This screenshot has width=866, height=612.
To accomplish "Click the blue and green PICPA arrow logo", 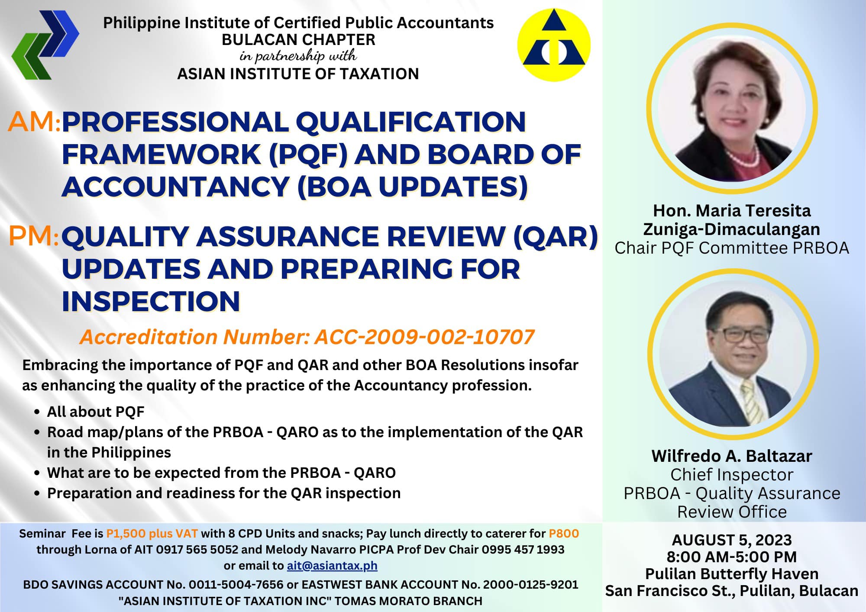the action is pos(45,45).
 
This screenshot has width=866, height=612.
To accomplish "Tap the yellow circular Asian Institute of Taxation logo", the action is pos(554,45).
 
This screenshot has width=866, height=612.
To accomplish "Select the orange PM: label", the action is pos(34,237).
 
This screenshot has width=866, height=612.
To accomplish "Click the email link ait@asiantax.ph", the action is pos(332,566).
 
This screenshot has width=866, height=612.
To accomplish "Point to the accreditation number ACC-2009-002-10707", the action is pos(424,337).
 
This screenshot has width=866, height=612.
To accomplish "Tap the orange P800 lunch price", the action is pos(564,533).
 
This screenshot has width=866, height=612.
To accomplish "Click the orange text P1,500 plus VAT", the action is pos(152,534).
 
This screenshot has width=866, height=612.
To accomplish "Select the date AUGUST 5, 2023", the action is pos(732,540).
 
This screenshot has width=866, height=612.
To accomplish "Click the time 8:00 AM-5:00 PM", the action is pos(732,557).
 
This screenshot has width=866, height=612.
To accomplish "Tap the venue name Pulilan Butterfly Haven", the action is pos(732,574).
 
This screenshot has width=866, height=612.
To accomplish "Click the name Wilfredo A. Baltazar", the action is pos(732,456).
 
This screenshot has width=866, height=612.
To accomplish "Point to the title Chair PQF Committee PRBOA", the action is pos(732,248).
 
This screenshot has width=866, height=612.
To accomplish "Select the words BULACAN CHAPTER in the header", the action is pos(299,40).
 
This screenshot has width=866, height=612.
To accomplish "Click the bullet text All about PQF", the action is pos(96,412).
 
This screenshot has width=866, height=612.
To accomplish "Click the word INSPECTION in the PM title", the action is pos(151,302).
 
